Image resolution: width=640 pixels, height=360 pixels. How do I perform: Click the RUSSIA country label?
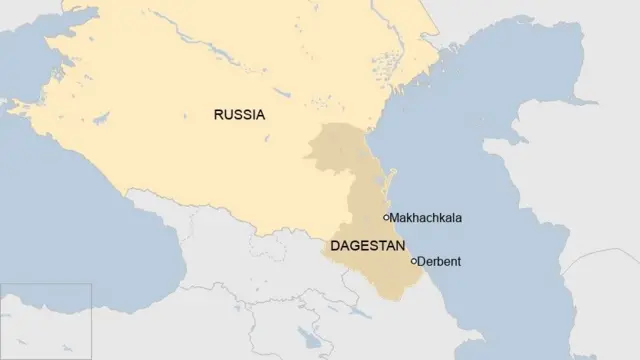239,115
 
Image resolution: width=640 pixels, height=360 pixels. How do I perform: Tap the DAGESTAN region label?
368,245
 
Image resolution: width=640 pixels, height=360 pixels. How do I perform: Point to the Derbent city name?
440,262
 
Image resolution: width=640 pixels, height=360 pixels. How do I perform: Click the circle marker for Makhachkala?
387,217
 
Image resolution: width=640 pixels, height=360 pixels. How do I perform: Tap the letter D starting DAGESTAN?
335,245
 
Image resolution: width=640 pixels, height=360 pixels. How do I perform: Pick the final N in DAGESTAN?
401,245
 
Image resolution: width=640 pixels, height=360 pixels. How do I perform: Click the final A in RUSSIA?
260,115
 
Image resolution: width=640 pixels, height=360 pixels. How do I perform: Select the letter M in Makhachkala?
396,218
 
